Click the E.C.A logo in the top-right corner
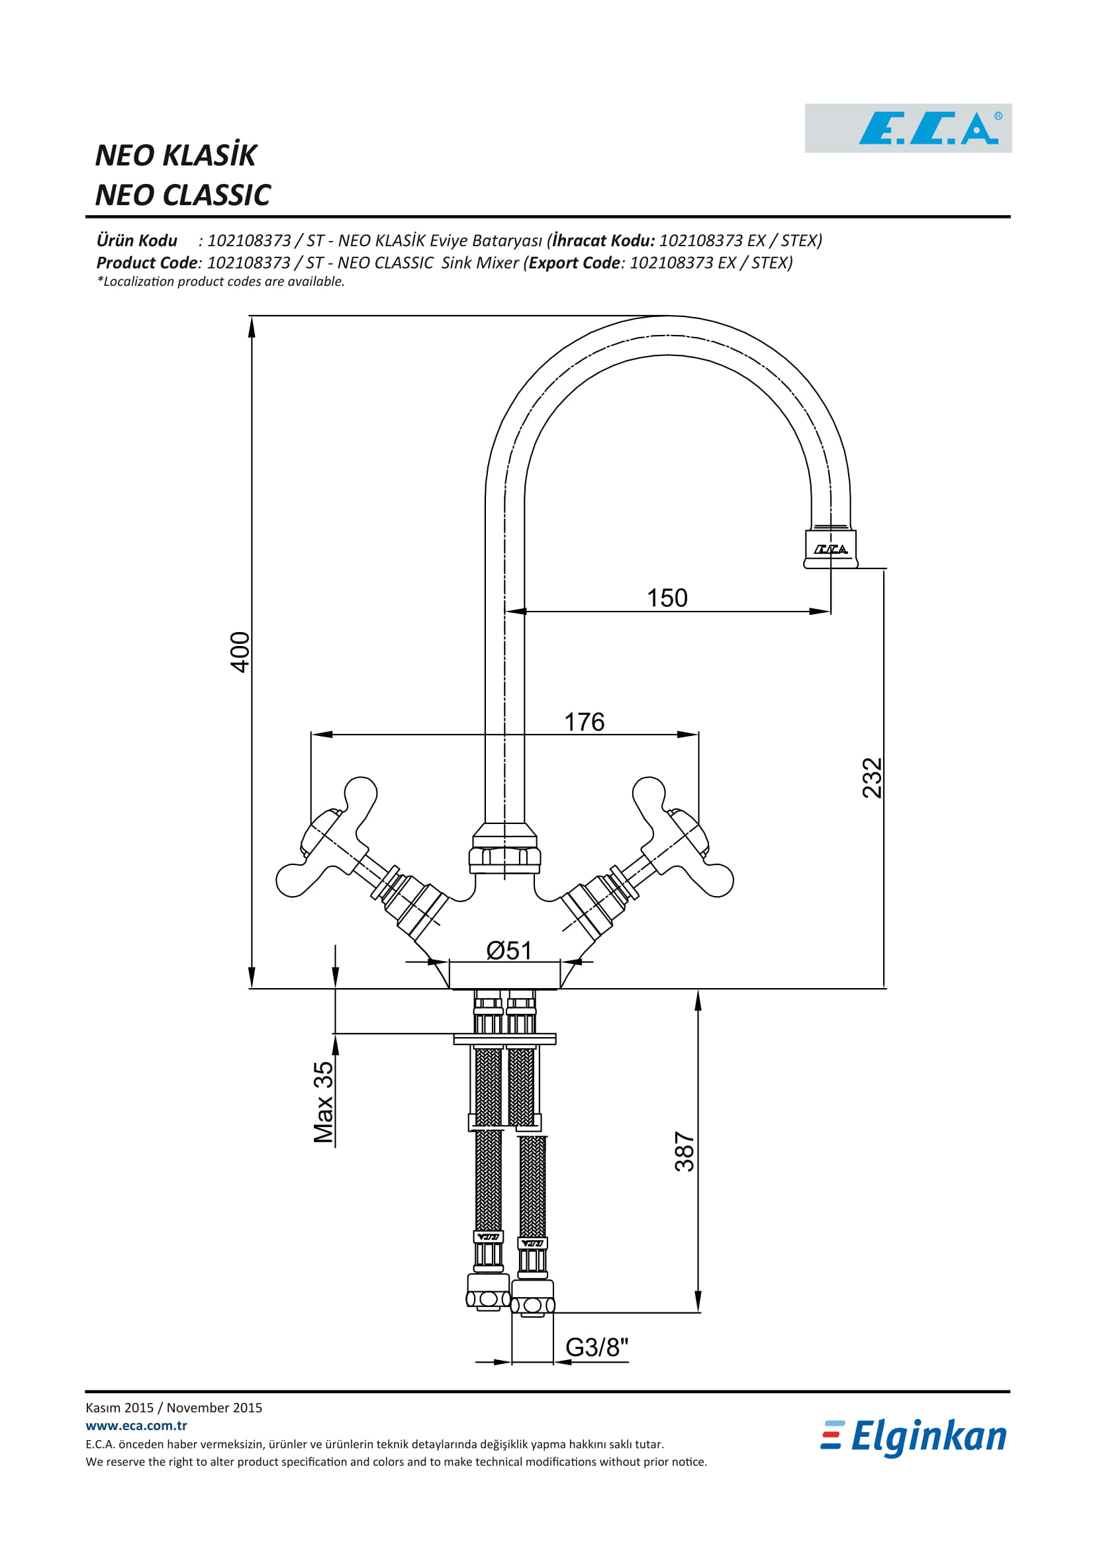[x=908, y=128]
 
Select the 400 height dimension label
[x=240, y=652]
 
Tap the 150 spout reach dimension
[x=667, y=598]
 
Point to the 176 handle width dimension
[x=584, y=722]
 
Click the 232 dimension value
[x=872, y=778]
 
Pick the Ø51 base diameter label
[x=509, y=950]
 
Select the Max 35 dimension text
[x=324, y=1103]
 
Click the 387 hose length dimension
[x=684, y=1152]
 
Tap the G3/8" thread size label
[x=596, y=1347]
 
